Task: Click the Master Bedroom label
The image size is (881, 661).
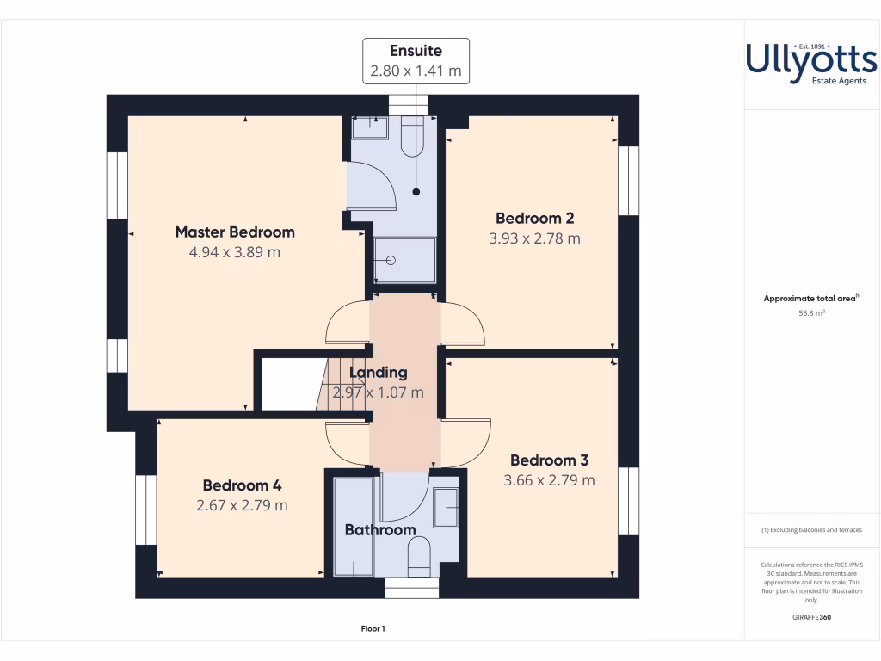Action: coord(235,232)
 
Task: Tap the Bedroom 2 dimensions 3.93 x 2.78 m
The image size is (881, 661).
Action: coord(534,238)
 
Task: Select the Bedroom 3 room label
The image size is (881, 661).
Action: coord(549,460)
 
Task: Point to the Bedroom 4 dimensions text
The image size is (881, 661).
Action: coord(242,505)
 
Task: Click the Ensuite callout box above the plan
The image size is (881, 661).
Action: coord(416,60)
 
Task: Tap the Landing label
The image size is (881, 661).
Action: coord(378,373)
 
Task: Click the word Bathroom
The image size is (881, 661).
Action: coord(380,530)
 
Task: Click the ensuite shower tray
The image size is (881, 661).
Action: coord(404,260)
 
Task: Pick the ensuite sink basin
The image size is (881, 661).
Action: coord(370,128)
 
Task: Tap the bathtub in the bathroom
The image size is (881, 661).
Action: coord(353,526)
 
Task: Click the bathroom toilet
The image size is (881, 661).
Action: coord(418,555)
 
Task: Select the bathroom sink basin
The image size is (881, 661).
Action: coord(446,507)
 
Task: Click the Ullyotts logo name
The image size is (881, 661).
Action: coord(810,59)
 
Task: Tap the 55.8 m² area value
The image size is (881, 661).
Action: coord(811,314)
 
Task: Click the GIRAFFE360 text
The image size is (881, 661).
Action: coord(811,617)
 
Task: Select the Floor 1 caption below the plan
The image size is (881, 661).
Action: coord(373,629)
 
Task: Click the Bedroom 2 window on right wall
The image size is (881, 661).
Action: coord(629,181)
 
